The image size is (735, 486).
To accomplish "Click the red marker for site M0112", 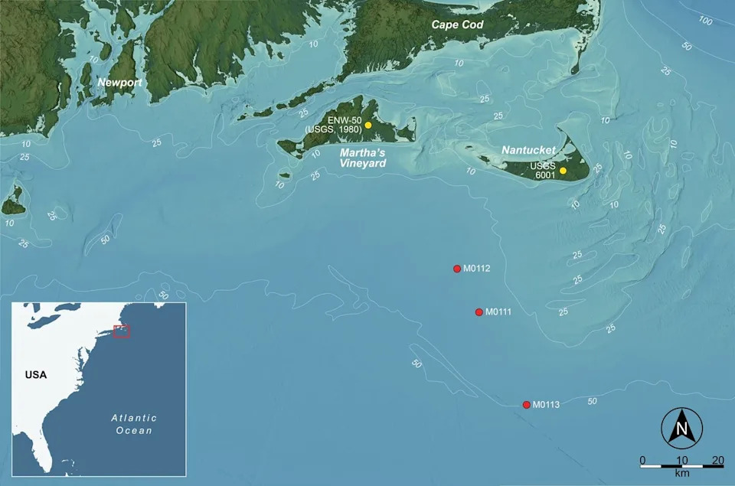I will [x=457, y=269].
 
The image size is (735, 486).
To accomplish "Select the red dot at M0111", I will [x=479, y=312].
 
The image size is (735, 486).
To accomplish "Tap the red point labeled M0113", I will [x=527, y=405].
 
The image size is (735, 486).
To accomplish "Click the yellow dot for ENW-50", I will [x=368, y=125].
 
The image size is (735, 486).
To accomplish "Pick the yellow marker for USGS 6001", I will [x=563, y=171].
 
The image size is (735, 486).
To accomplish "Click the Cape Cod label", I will [x=457, y=25].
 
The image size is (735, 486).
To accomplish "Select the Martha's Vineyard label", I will [x=363, y=157].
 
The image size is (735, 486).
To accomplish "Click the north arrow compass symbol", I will [x=680, y=428].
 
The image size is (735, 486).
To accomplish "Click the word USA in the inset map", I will [x=36, y=375].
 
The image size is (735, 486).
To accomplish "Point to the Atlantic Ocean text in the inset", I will [x=134, y=424].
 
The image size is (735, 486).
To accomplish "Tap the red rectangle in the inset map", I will [x=122, y=331].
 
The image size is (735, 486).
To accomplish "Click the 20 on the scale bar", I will [x=718, y=460].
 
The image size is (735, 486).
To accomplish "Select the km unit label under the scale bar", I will [x=680, y=474].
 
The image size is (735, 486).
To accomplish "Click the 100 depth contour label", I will [x=705, y=21].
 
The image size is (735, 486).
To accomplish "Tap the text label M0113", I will [x=547, y=405].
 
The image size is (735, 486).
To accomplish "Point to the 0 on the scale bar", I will [x=642, y=460].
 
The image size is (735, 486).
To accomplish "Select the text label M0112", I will [x=477, y=269].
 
